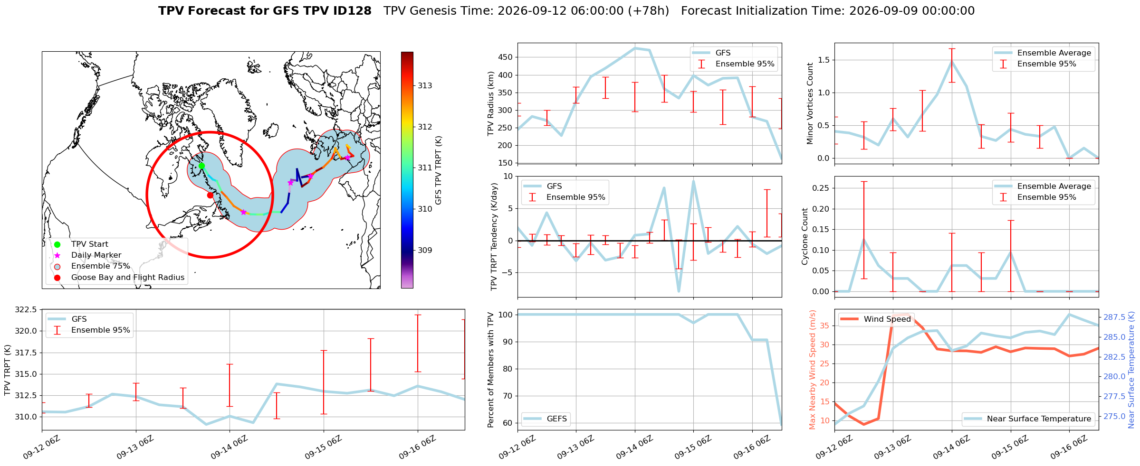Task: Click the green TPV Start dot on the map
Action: tap(201, 166)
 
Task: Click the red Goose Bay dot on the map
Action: tap(210, 195)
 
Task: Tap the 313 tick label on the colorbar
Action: tap(425, 85)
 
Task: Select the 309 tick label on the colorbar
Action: tap(425, 250)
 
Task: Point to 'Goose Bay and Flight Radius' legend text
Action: tap(128, 278)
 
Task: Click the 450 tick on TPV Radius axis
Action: tap(506, 57)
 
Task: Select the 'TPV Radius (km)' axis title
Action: tap(491, 103)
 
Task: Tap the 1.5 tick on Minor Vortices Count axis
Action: tap(824, 60)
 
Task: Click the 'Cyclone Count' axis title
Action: tap(805, 236)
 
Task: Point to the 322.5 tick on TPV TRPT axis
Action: tap(26, 310)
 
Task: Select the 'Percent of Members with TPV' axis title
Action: tap(491, 370)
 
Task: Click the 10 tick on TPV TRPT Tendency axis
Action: tap(509, 177)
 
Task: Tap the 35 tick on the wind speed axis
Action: tap(824, 326)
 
